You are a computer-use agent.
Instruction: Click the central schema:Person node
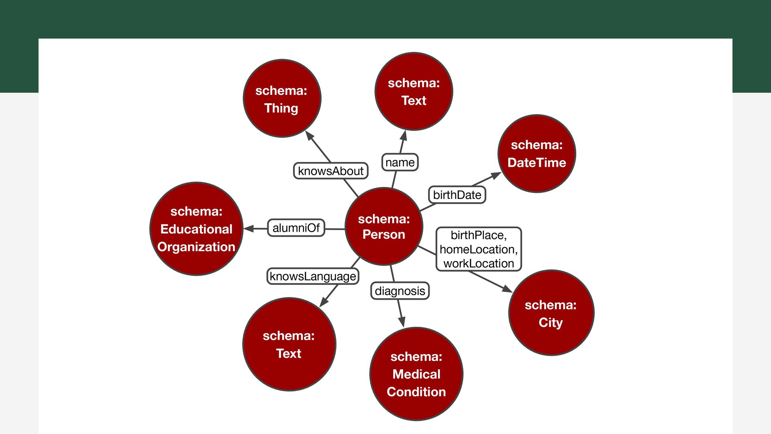(x=384, y=226)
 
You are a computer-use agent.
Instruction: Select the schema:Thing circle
(x=282, y=98)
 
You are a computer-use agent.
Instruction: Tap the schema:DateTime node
(x=536, y=154)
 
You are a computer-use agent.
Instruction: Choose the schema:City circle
(x=551, y=313)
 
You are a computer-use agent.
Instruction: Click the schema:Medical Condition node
(x=416, y=374)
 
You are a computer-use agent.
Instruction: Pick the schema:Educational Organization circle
(x=196, y=229)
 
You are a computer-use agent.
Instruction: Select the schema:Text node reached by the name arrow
(x=414, y=91)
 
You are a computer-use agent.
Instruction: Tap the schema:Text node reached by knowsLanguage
(x=289, y=344)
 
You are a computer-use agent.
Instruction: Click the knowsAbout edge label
(x=330, y=171)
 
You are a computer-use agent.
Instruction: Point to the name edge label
(x=400, y=162)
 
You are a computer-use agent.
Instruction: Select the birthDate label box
(x=457, y=195)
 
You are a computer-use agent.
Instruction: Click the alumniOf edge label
(x=296, y=228)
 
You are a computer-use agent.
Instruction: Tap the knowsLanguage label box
(x=313, y=276)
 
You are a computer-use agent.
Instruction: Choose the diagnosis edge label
(x=400, y=291)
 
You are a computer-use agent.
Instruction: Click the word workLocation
(x=479, y=264)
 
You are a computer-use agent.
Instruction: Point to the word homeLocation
(x=479, y=250)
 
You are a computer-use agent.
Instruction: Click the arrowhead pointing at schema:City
(x=507, y=289)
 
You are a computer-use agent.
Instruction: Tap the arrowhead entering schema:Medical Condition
(x=402, y=321)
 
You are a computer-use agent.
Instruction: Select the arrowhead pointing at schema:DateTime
(x=496, y=175)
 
